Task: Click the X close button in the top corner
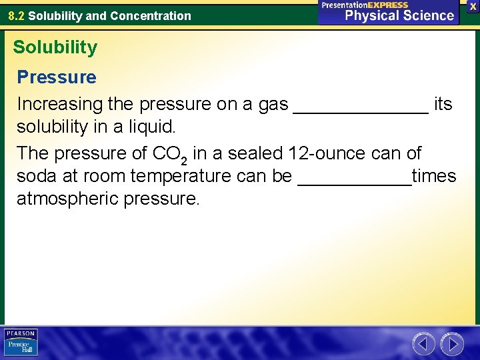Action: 473,5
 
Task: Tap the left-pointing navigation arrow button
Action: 423,344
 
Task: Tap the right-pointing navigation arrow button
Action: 452,344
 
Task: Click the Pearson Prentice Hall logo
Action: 21,343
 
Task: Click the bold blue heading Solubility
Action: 55,47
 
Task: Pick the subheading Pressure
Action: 57,77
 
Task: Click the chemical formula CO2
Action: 169,155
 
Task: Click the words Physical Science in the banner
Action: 399,15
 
